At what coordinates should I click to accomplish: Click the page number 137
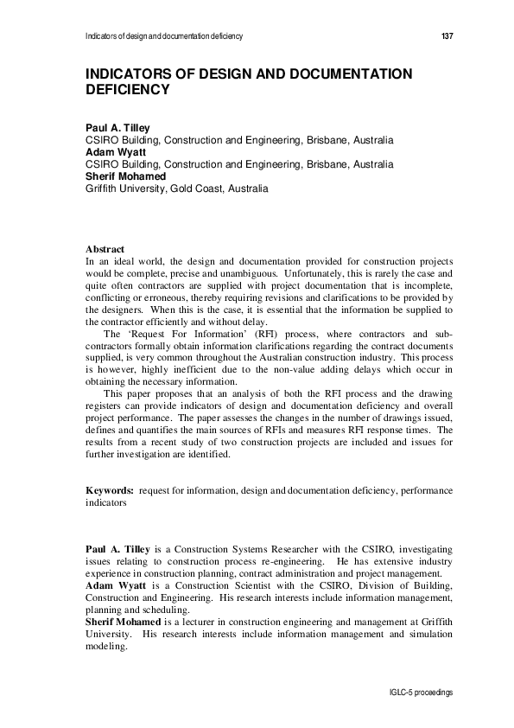pos(447,36)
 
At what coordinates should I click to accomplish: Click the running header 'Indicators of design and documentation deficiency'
pos(164,36)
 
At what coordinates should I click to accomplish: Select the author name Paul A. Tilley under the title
pos(117,128)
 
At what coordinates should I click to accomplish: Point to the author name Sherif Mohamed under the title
pos(125,176)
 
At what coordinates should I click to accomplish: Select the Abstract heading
pos(105,249)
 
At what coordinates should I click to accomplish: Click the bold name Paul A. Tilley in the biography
pos(118,549)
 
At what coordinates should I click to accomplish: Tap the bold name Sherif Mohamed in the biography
pos(124,622)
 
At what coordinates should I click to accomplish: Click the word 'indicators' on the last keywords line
pos(105,502)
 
